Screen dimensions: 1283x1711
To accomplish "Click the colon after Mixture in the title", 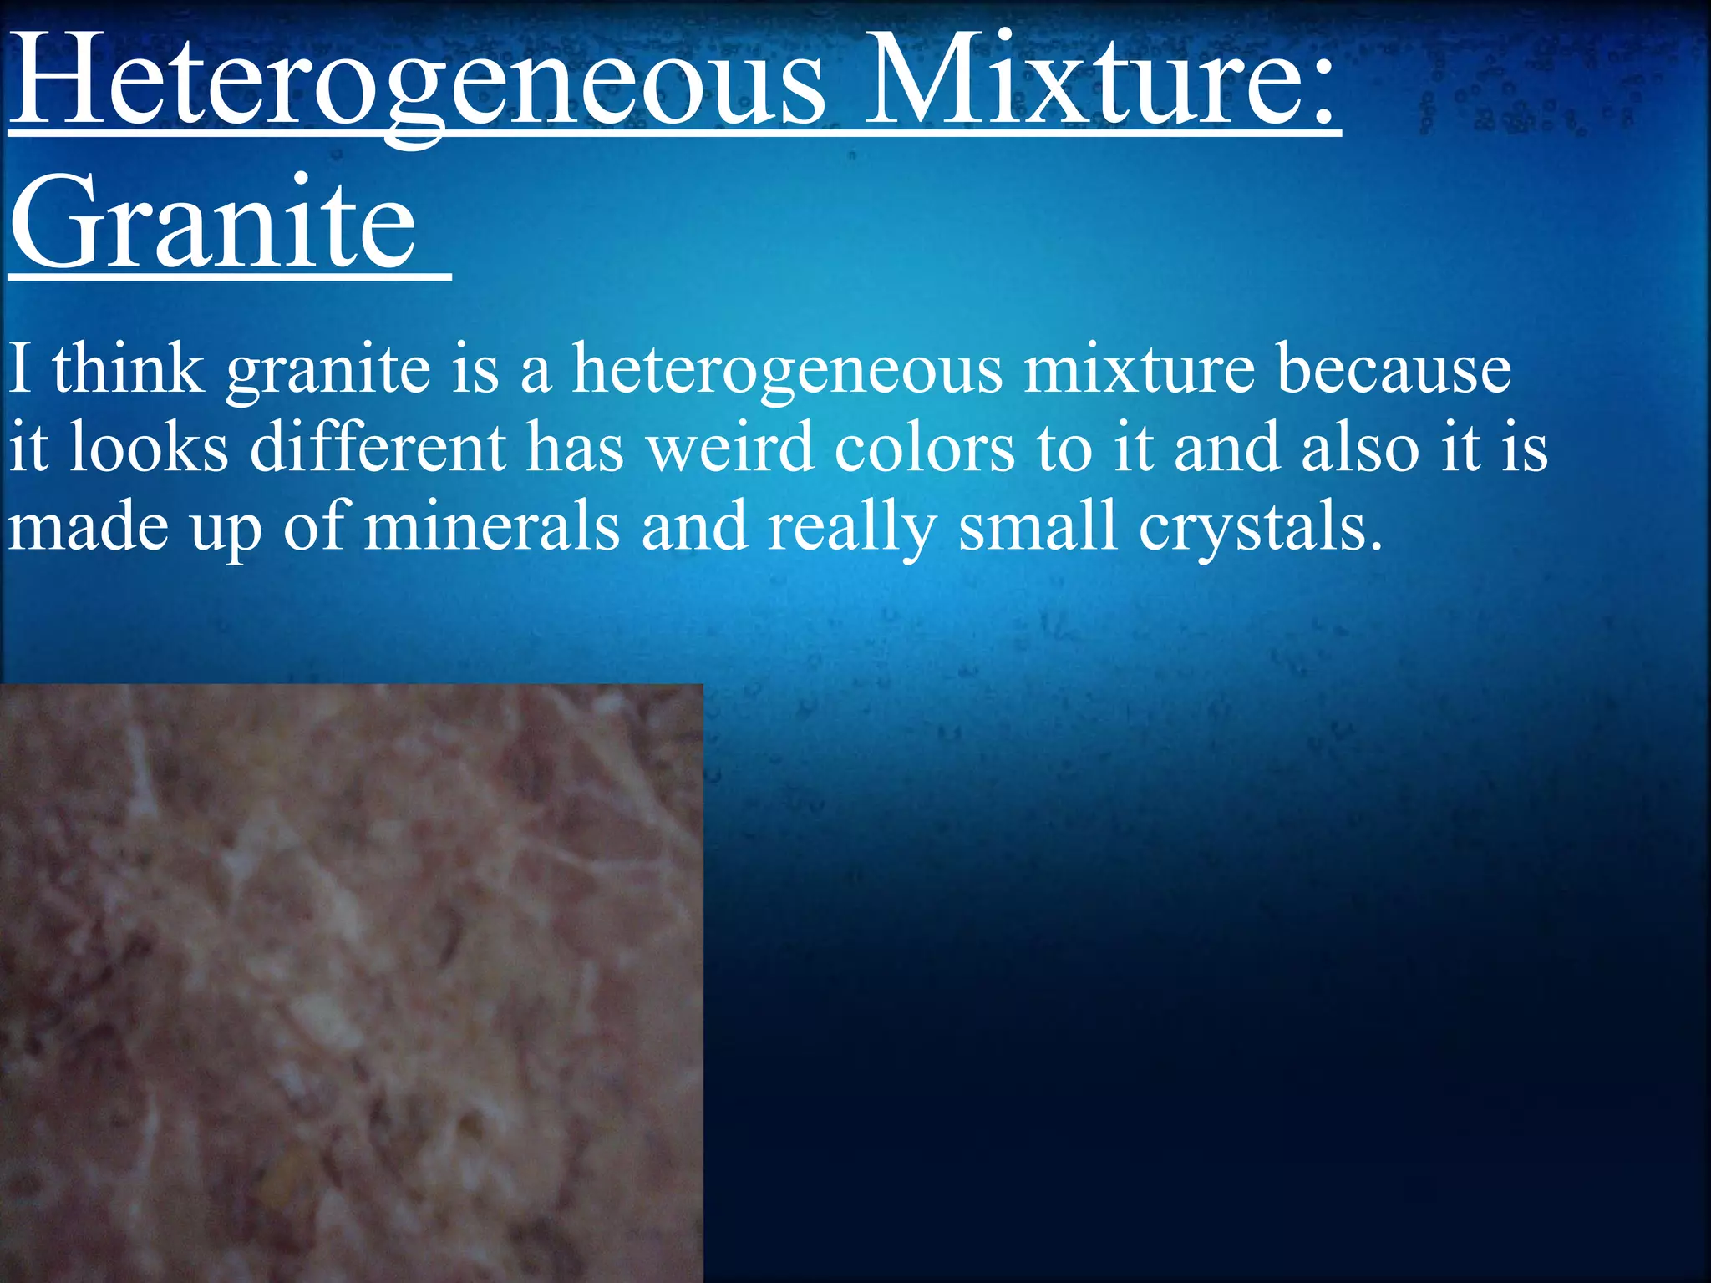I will point(1318,92).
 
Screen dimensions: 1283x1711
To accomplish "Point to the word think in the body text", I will point(128,368).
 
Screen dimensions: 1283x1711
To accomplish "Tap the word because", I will point(1394,368).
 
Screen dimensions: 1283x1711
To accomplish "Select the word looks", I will point(148,447).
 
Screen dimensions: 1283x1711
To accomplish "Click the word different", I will point(378,447).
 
